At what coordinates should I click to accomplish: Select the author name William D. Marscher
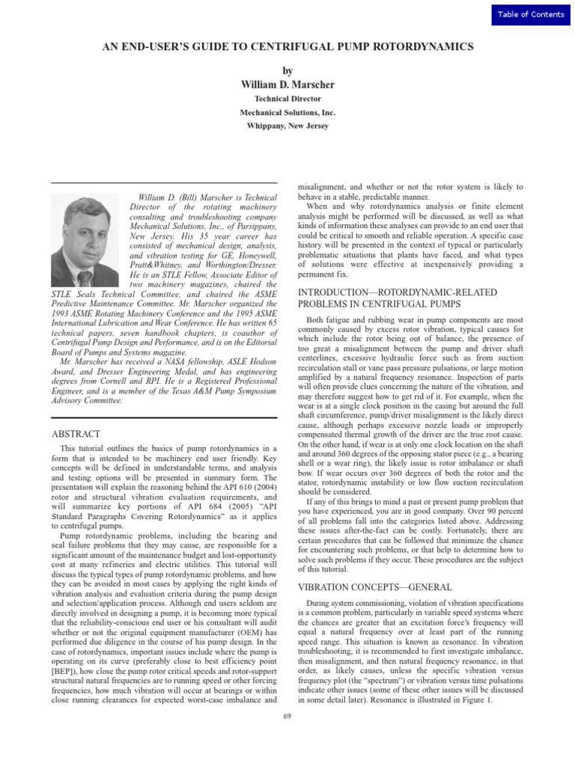click(x=287, y=85)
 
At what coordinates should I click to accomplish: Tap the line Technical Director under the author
click(x=287, y=99)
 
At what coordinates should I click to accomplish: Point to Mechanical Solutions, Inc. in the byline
click(x=287, y=112)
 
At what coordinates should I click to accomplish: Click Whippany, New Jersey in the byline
click(x=287, y=126)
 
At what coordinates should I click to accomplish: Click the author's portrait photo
click(x=85, y=240)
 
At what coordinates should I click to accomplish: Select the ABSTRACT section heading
click(x=76, y=435)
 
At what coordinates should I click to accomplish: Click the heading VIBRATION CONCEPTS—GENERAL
click(x=374, y=588)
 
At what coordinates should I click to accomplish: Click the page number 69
click(x=287, y=717)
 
